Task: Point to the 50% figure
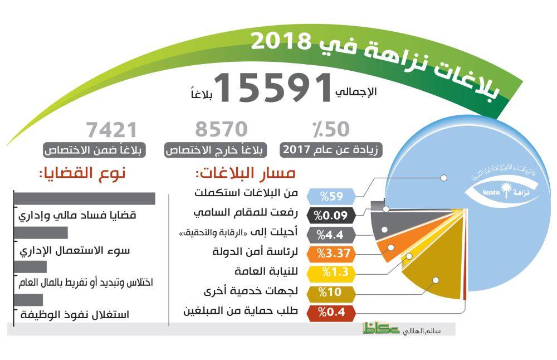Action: click(328, 130)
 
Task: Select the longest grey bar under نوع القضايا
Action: click(84, 198)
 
